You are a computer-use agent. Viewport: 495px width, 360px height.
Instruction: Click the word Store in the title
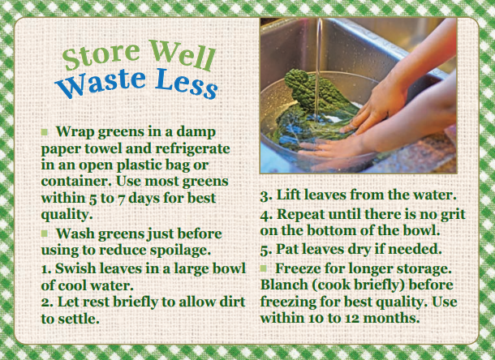(x=101, y=56)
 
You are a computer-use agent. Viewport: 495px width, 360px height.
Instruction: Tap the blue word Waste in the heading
(x=101, y=83)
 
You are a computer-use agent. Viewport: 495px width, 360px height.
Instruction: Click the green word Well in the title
(x=182, y=54)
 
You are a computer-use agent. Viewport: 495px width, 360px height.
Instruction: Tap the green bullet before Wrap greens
(x=45, y=132)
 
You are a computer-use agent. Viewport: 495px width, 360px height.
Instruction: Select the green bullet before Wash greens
(x=45, y=234)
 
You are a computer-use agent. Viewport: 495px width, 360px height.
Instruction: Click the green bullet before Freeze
(x=264, y=268)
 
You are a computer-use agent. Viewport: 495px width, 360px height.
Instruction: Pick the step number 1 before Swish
(x=45, y=269)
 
